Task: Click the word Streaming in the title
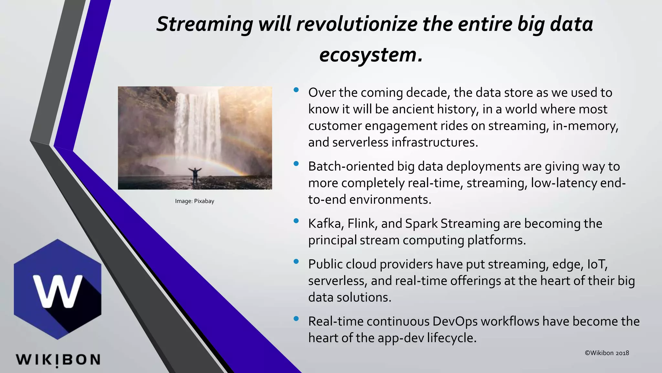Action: (205, 25)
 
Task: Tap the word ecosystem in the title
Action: (368, 55)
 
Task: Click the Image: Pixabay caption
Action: (195, 201)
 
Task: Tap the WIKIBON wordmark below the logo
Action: (58, 360)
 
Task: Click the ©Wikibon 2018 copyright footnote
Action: (607, 353)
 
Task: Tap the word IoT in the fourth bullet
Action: (597, 264)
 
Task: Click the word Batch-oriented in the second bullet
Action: (351, 166)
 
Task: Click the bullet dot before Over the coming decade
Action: (296, 90)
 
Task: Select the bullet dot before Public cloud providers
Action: (296, 262)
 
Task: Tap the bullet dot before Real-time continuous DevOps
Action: (296, 319)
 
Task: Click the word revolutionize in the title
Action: (357, 25)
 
